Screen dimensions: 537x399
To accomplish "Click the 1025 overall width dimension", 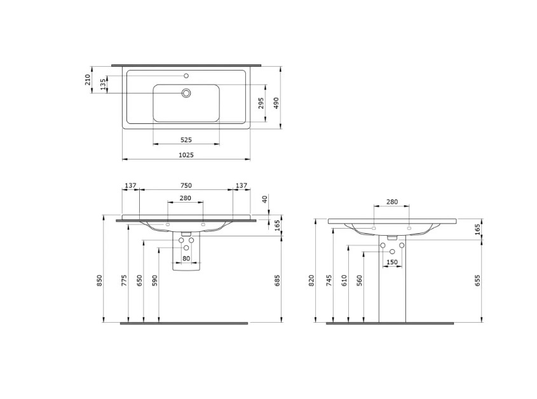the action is [186, 155].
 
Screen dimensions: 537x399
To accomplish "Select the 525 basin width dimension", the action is [186, 140].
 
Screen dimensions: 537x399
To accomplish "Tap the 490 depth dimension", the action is [276, 103].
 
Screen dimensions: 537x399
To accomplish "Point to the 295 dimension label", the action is [261, 103].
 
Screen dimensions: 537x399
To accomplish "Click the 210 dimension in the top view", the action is [88, 79].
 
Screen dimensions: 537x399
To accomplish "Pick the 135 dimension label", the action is [103, 85].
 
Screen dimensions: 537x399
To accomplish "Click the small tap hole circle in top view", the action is [186, 76].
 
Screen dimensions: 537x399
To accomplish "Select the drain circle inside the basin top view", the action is [186, 93].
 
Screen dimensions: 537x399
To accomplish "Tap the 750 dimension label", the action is [186, 186].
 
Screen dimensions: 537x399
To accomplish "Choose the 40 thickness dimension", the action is [264, 199].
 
